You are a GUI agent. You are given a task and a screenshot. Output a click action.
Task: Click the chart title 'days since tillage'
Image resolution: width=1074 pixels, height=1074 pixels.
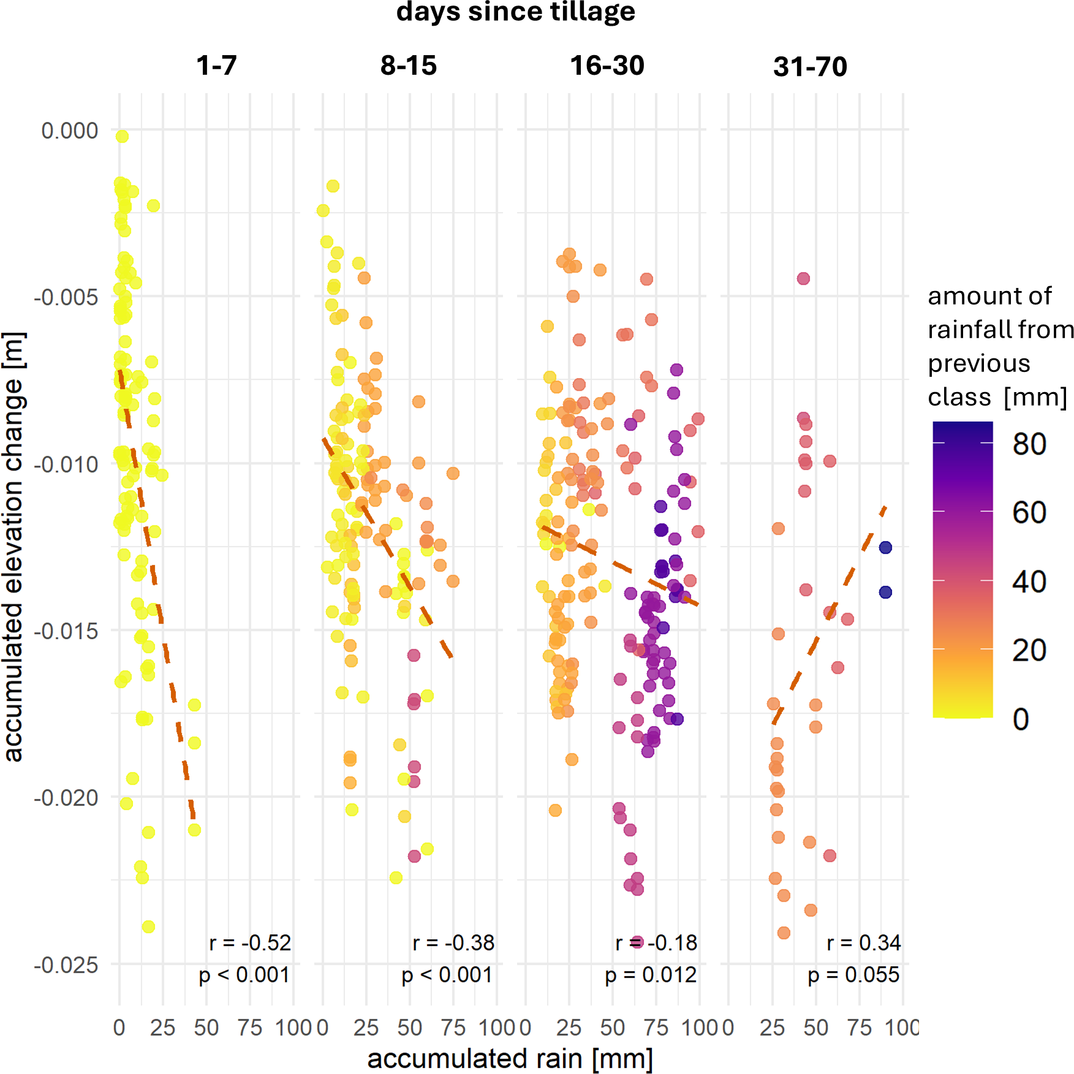[515, 12]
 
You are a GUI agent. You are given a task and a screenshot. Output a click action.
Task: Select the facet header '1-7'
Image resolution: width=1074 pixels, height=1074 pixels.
[216, 66]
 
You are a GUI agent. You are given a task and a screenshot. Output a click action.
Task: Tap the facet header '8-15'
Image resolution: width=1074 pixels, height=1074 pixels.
[408, 66]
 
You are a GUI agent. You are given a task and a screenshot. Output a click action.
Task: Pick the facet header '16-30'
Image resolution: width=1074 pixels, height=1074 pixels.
[607, 66]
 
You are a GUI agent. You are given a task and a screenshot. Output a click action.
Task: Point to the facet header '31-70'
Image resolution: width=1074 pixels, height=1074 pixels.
[810, 66]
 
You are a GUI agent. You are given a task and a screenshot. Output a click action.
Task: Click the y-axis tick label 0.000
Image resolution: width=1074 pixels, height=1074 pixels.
[69, 130]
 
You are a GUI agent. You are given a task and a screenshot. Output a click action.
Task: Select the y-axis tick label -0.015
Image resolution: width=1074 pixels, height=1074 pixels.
[66, 631]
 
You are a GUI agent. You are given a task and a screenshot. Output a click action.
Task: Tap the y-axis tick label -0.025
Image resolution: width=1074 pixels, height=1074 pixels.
[66, 965]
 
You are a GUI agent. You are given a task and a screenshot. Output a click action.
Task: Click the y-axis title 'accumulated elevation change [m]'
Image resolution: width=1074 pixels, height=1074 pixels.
[13, 546]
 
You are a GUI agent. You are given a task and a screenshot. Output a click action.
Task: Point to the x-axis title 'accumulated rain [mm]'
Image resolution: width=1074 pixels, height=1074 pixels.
[510, 1058]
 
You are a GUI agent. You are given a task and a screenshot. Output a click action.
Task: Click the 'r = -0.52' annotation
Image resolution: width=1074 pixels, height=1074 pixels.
[250, 942]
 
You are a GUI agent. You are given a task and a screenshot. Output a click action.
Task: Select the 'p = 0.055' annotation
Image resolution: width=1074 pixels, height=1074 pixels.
[853, 974]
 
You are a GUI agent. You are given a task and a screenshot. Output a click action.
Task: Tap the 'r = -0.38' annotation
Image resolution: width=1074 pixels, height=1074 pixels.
[453, 942]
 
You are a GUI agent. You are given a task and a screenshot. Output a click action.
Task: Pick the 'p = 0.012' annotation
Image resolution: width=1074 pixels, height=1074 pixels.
[651, 974]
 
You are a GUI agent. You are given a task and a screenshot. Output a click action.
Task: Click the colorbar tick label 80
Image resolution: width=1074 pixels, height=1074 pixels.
[1029, 444]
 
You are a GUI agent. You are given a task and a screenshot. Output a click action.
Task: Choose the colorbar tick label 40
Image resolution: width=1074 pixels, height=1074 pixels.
[1029, 581]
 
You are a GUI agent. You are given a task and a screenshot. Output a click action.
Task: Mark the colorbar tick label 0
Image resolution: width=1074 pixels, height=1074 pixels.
[1021, 719]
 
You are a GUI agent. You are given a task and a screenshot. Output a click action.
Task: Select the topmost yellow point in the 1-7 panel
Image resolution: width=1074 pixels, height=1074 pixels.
[122, 136]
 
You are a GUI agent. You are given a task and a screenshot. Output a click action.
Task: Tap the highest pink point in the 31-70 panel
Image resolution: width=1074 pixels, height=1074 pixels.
[803, 279]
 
